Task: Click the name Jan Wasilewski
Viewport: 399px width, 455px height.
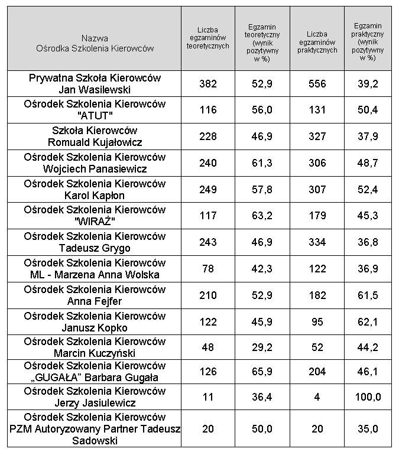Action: point(95,90)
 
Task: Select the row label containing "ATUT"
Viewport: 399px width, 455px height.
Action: point(95,110)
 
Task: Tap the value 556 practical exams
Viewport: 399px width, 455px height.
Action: point(317,84)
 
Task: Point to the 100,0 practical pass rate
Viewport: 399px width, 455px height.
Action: point(367,398)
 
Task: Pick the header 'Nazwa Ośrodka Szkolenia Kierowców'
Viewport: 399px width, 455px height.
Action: point(95,43)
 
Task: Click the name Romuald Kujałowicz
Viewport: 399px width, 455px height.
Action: point(95,142)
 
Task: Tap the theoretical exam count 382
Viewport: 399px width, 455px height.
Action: point(208,84)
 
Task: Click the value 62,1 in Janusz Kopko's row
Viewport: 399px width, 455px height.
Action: point(367,322)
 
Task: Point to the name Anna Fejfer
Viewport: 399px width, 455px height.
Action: point(95,301)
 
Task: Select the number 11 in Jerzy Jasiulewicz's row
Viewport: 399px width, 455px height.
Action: point(208,398)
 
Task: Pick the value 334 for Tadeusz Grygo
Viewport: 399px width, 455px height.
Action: point(317,242)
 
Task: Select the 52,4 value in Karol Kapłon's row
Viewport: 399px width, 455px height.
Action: point(367,190)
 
